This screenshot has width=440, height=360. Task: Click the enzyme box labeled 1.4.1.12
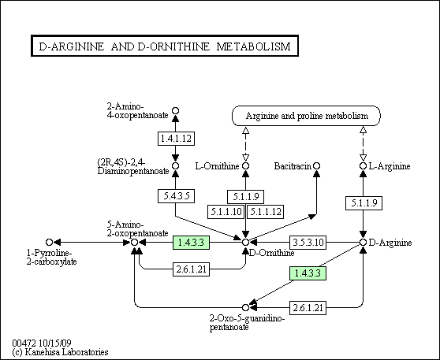point(176,138)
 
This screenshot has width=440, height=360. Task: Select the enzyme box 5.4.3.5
point(176,196)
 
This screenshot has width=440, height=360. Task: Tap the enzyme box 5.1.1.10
point(226,211)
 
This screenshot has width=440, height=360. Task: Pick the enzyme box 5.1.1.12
point(265,211)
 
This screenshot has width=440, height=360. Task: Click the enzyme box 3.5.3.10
point(308,243)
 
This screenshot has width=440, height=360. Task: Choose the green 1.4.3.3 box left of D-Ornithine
point(191,243)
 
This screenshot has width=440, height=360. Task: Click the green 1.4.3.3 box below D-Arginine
point(308,273)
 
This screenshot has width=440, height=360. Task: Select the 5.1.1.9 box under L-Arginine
point(364,203)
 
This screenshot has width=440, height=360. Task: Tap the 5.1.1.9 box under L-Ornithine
point(245,197)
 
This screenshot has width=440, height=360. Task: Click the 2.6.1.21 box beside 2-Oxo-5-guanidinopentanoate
point(308,308)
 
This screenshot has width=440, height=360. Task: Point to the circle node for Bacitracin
point(316,166)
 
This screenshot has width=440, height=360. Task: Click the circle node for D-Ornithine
point(245,243)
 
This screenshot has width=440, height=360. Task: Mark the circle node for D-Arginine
point(363,243)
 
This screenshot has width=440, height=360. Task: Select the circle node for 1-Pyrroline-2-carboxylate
point(49,242)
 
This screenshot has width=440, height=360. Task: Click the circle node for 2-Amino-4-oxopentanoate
point(175,111)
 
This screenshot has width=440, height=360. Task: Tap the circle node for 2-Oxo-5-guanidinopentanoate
point(245,308)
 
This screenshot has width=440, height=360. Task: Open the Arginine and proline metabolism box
point(307,116)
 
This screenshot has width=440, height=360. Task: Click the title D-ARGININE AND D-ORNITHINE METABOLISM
point(165,46)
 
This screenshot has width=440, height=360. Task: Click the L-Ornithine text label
point(218,166)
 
